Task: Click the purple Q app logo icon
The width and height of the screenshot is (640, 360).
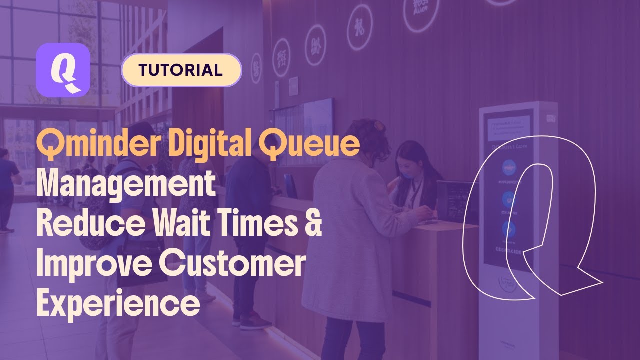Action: pyautogui.click(x=63, y=69)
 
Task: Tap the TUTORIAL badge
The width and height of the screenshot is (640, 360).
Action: pyautogui.click(x=181, y=70)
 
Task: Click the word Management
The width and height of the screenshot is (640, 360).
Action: pyautogui.click(x=126, y=184)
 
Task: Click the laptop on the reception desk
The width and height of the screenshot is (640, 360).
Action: pyautogui.click(x=454, y=200)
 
